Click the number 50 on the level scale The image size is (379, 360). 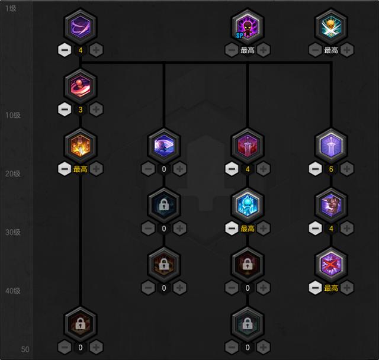click(x=25, y=349)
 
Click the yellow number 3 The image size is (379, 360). click(x=81, y=110)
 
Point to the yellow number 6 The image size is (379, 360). click(x=330, y=169)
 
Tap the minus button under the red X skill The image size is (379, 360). click(x=315, y=288)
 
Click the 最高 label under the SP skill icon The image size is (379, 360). click(x=247, y=50)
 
